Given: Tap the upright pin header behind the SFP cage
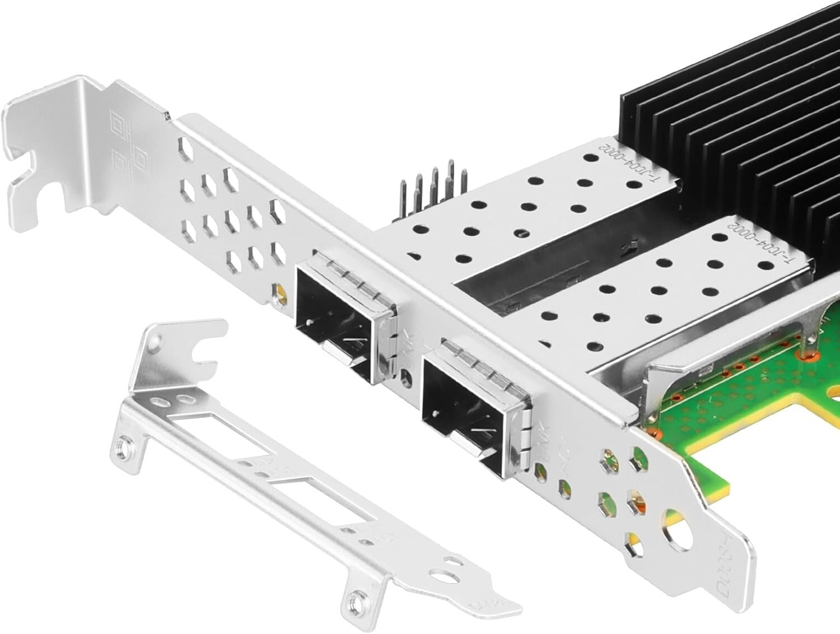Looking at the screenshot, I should [x=434, y=185].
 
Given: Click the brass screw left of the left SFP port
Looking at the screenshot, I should [x=278, y=293].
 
